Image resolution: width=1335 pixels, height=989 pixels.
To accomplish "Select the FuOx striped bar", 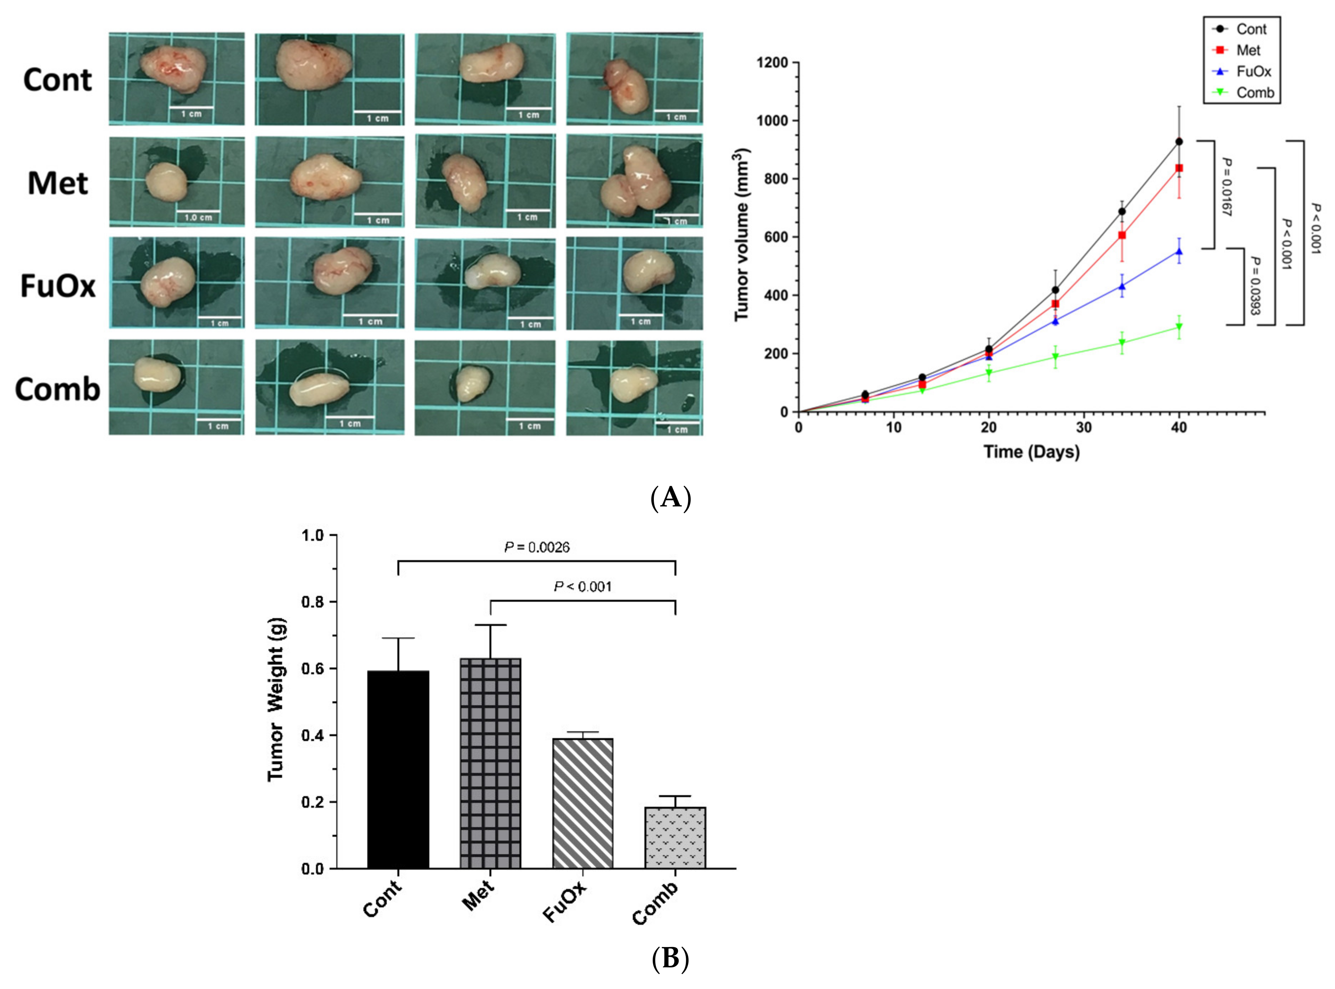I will tap(583, 803).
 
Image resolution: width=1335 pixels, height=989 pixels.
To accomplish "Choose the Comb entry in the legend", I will tap(1255, 93).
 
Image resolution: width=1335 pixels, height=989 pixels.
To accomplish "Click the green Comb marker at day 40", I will tap(1179, 327).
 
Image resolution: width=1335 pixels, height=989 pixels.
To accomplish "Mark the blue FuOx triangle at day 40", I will tap(1179, 251).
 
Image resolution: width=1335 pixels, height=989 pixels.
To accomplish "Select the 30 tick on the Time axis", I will tap(1084, 427).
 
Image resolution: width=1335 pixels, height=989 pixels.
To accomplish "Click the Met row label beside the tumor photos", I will tap(58, 183).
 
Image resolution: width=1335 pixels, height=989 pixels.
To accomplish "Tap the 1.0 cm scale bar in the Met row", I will tap(198, 216).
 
